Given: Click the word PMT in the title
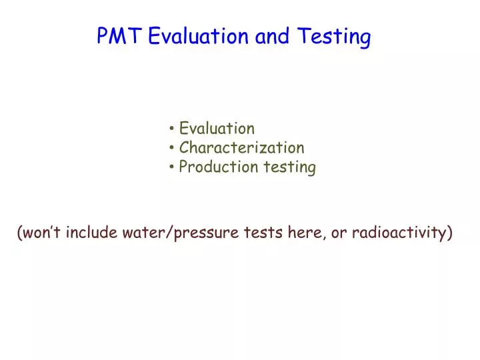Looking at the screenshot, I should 119,36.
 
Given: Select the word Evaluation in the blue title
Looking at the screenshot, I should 199,36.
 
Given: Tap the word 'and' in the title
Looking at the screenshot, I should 272,36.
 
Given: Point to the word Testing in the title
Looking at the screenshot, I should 333,37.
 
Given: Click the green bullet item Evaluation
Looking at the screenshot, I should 217,128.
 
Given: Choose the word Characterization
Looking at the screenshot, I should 241,147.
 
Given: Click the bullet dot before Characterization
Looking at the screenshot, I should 173,148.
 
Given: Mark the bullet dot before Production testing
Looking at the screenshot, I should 173,167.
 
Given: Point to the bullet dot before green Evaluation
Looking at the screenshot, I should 173,128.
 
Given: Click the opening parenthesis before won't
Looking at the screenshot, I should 20,233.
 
